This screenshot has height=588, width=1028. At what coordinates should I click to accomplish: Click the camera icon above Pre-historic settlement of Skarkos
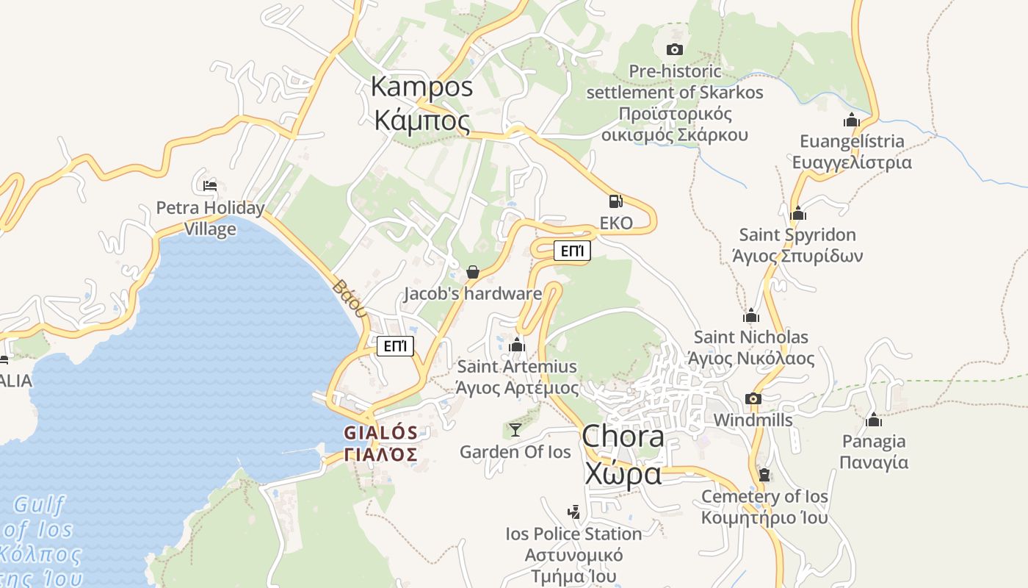click(x=674, y=49)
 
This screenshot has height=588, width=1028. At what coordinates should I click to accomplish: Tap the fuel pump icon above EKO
click(x=615, y=201)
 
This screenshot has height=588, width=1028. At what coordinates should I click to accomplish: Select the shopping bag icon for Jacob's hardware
click(x=473, y=272)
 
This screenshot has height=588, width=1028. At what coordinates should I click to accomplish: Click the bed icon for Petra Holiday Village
click(x=210, y=185)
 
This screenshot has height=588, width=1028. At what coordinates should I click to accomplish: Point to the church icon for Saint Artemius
click(x=517, y=344)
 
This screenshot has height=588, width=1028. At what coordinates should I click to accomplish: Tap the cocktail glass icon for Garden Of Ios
click(x=515, y=429)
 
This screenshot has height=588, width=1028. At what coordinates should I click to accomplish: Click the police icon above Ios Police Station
click(x=573, y=512)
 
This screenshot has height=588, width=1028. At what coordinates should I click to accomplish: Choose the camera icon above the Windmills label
click(x=753, y=398)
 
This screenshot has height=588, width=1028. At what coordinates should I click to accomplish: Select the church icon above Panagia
click(x=873, y=420)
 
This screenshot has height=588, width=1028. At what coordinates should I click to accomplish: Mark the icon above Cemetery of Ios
click(x=764, y=475)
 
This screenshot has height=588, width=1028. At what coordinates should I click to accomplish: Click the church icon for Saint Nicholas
click(x=750, y=315)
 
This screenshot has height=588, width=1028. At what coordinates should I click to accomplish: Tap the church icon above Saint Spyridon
click(x=797, y=213)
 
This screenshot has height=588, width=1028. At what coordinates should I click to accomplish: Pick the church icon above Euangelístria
click(x=851, y=119)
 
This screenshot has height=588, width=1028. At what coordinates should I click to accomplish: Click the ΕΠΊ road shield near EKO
click(x=571, y=251)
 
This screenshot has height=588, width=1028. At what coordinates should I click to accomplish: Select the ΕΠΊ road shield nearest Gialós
click(x=395, y=345)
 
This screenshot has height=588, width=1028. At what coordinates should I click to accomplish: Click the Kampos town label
click(x=421, y=103)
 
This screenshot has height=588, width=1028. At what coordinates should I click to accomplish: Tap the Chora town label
click(x=623, y=456)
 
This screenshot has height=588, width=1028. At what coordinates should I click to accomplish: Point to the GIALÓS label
click(x=381, y=443)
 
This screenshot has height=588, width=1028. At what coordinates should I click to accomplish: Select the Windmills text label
click(x=753, y=420)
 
